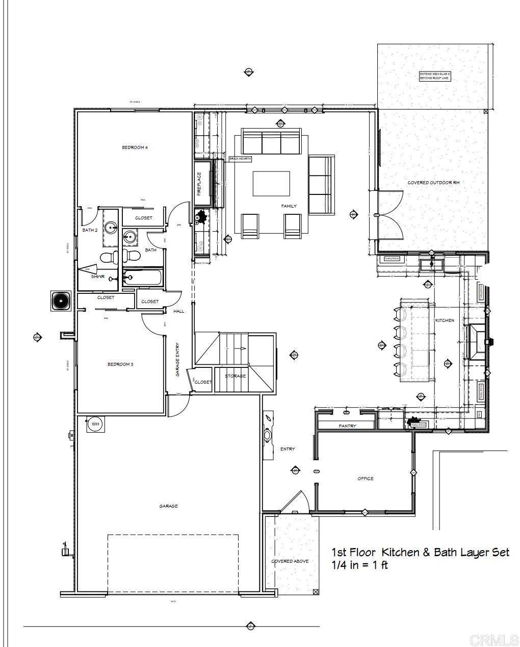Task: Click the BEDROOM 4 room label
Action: (x=135, y=147)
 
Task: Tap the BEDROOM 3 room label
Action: (x=120, y=364)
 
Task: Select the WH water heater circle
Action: (x=95, y=424)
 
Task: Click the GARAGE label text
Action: (x=168, y=506)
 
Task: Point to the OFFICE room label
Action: (x=366, y=479)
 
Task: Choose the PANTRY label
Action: (x=348, y=426)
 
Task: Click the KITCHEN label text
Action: (x=445, y=320)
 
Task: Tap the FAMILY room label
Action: (x=289, y=206)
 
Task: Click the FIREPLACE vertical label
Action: (x=199, y=184)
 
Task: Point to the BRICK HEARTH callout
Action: (x=240, y=159)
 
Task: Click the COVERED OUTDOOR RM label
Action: (x=433, y=182)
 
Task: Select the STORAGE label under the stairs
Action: (x=235, y=376)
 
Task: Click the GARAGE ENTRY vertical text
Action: (x=178, y=359)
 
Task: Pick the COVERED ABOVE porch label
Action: (x=290, y=561)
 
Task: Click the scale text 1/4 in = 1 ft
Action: (x=359, y=565)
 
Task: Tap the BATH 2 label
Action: (x=90, y=230)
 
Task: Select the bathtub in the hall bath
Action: (x=142, y=278)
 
